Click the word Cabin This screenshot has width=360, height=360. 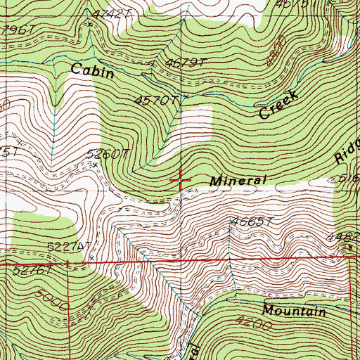pyautogui.click(x=93, y=70)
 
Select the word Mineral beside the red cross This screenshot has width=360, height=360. pyautogui.click(x=240, y=180)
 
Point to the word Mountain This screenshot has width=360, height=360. pyautogui.click(x=295, y=311)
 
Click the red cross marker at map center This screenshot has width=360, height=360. pyautogui.click(x=181, y=180)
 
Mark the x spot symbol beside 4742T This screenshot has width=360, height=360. pyautogui.click(x=89, y=25)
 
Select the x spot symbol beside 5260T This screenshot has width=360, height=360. pyautogui.click(x=96, y=165)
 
